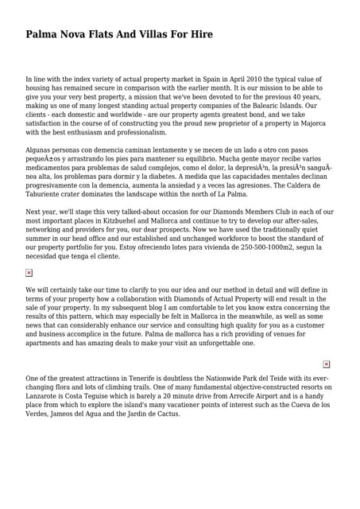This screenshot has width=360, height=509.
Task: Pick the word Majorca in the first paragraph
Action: pos(308,123)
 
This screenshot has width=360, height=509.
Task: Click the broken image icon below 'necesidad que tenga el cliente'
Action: pos(29,273)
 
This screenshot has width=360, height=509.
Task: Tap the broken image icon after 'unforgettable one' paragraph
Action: pos(327,363)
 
